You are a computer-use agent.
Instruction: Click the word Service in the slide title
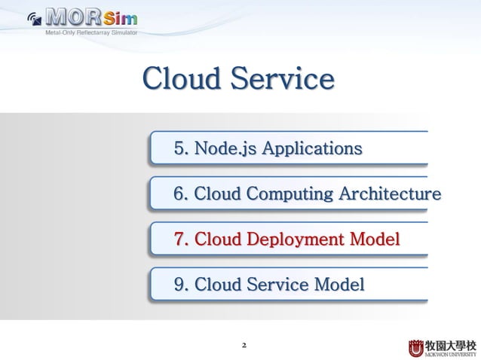283,79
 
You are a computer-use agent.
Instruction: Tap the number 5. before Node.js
182,148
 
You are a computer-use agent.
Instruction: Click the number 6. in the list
182,194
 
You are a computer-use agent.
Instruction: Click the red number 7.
182,239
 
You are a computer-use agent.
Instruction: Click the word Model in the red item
373,239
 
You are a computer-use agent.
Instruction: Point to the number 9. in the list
182,285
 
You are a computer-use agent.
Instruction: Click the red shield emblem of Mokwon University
416,348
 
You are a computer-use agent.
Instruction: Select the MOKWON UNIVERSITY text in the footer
451,353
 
